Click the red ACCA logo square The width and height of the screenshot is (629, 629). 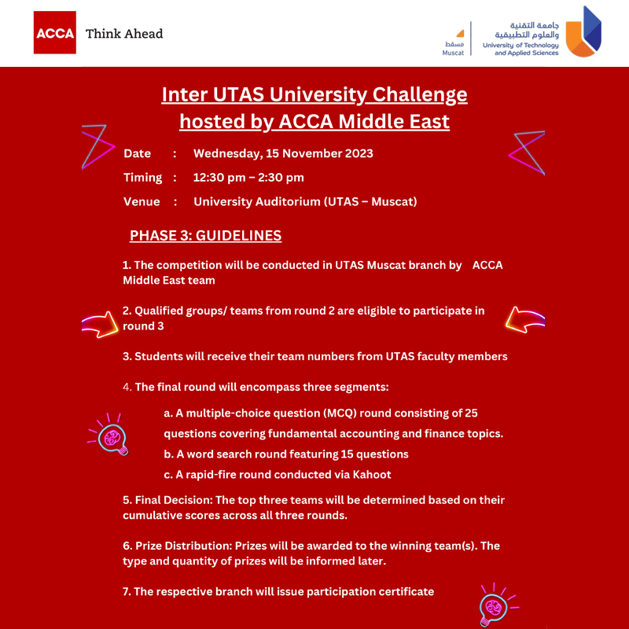pos(54,33)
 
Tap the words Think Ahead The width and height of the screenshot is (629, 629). pos(124,34)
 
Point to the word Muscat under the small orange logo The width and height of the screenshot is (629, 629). pos(453,53)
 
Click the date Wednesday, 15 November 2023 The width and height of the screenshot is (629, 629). pos(283,153)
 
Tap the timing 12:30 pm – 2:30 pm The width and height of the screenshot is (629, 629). pos(248,178)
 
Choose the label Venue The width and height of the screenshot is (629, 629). pos(142,202)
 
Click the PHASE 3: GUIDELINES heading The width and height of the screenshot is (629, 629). pos(205,236)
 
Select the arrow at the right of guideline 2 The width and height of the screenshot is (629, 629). pos(524,318)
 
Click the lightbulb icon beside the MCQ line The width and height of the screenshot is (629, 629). pos(112,437)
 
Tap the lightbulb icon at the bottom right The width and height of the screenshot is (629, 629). pos(495,605)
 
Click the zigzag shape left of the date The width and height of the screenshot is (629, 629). pos(97,146)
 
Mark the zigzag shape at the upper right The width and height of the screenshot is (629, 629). pos(528,152)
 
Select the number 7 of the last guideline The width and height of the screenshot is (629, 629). pos(126,591)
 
